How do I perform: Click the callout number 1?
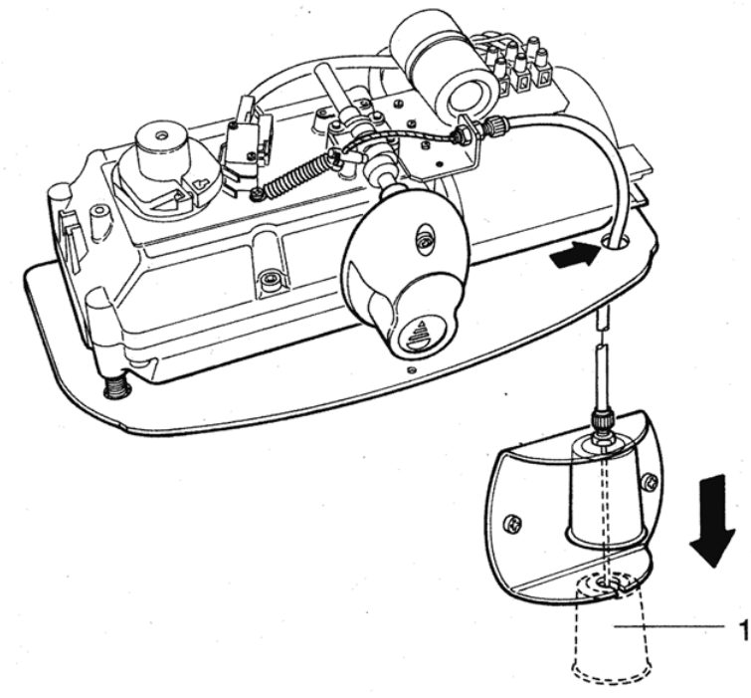click(x=743, y=630)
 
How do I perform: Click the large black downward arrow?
click(x=712, y=521)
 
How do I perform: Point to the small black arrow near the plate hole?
click(x=575, y=255)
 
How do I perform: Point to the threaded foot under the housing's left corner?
click(x=116, y=385)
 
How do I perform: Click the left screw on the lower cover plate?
click(x=511, y=523)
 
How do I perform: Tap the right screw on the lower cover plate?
click(x=652, y=480)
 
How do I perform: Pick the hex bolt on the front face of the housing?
click(x=268, y=279)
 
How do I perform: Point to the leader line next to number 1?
click(x=669, y=626)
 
